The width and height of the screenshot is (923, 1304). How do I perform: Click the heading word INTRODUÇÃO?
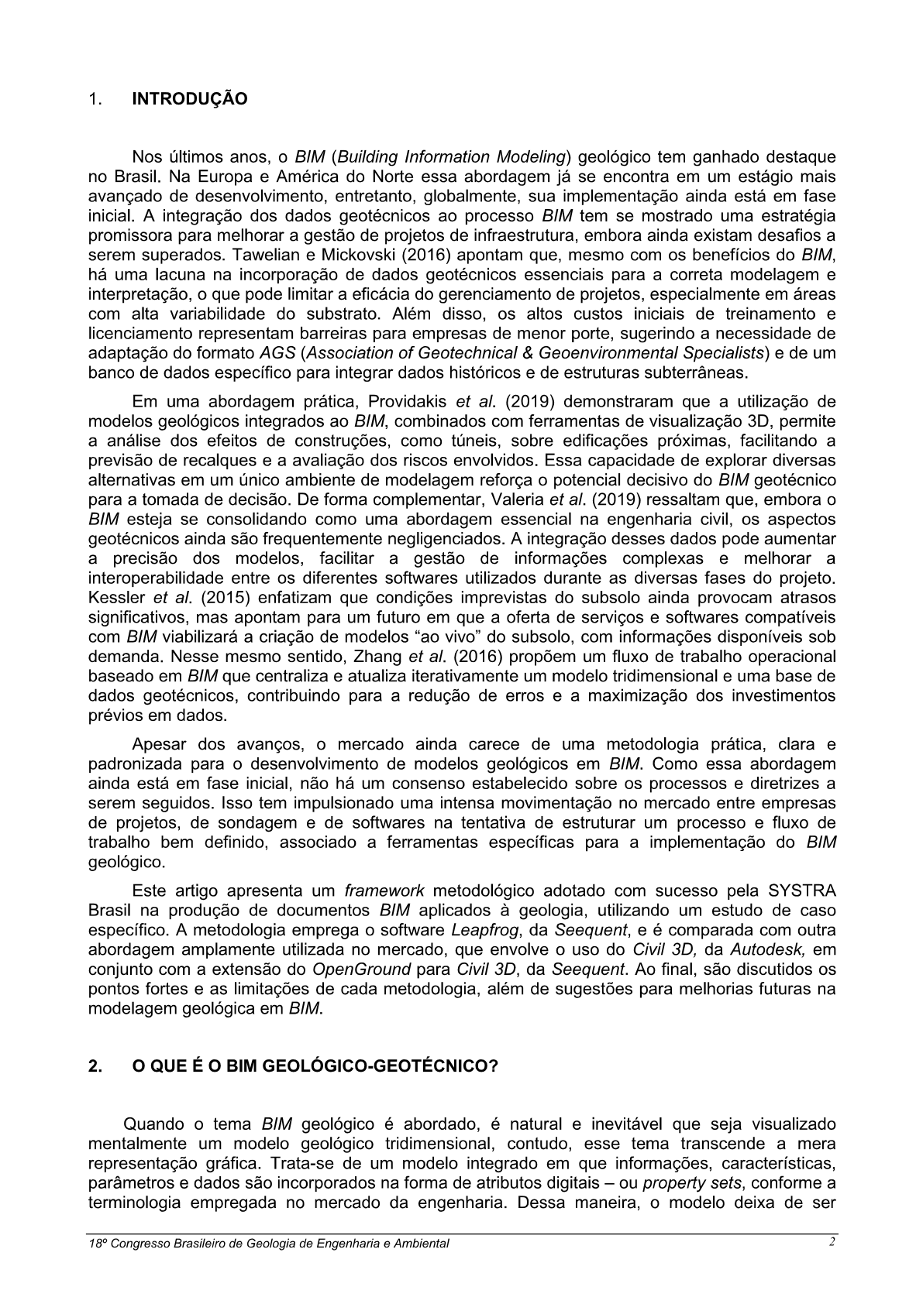click(190, 99)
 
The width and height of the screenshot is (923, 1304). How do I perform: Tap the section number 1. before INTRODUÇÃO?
click(95, 99)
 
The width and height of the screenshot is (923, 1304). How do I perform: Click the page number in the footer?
click(831, 1243)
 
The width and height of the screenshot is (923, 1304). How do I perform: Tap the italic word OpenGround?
click(361, 969)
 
